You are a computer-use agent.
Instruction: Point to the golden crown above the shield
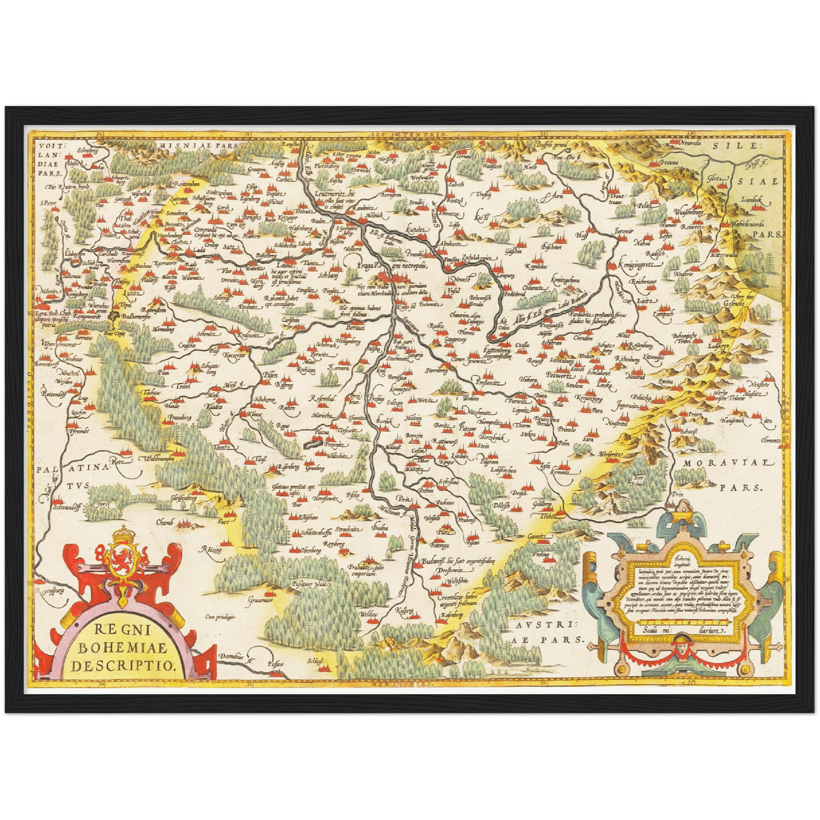121,533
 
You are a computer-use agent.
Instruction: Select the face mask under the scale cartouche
680,645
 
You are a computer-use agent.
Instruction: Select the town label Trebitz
548,516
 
